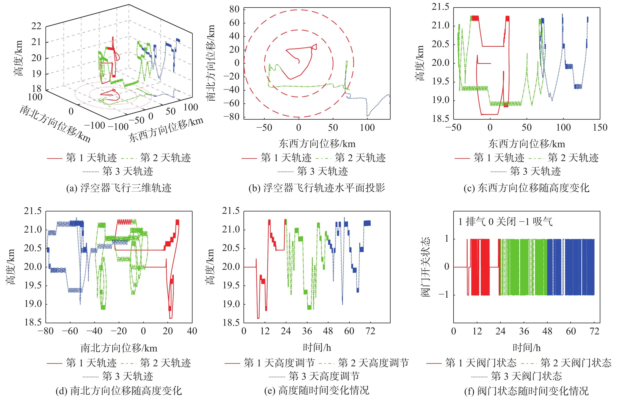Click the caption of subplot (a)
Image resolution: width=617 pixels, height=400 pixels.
coord(119,188)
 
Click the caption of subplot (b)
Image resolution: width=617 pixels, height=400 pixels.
coord(317,188)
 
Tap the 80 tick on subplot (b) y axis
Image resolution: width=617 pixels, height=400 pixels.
coord(234,10)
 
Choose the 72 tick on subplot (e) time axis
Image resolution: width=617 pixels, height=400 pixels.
coord(370,331)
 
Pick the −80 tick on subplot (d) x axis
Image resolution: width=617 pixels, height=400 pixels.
coord(46,331)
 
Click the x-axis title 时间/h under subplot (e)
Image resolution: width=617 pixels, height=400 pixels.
coord(317,348)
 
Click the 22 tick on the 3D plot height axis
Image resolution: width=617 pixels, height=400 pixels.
coord(36,26)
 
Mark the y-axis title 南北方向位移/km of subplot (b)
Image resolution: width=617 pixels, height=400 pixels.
coord(211,63)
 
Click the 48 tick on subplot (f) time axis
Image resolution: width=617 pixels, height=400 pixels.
coord(547,331)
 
